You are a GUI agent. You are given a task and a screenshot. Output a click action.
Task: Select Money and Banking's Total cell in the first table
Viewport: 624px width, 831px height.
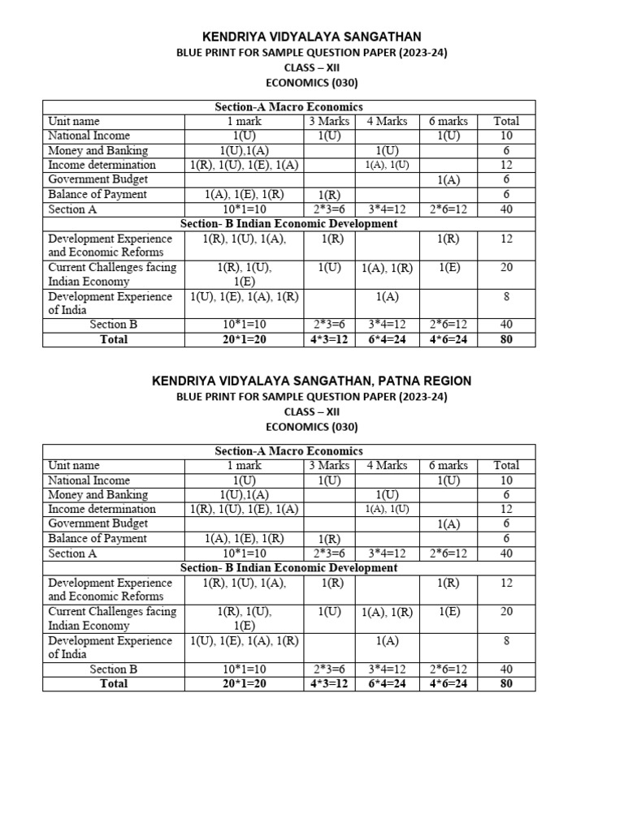[x=506, y=150]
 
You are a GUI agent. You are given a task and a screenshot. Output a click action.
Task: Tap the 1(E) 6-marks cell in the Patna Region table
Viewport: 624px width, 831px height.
[x=448, y=611]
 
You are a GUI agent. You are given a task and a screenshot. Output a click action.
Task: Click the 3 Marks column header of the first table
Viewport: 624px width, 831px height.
[x=329, y=121]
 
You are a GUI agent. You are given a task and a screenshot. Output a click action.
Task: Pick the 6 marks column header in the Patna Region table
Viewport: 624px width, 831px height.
[x=448, y=465]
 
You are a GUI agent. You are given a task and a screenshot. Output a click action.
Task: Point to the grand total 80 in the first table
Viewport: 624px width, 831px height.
[x=506, y=339]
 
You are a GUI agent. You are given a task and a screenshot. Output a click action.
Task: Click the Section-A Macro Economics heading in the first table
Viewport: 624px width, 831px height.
[x=288, y=106]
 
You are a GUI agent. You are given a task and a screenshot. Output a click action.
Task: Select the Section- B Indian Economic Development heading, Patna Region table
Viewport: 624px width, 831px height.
[x=288, y=567]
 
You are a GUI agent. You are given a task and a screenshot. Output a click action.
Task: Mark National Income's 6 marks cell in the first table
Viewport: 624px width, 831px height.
[x=448, y=136]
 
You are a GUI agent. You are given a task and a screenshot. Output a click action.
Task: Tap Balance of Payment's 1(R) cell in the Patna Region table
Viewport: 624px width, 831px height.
[x=329, y=538]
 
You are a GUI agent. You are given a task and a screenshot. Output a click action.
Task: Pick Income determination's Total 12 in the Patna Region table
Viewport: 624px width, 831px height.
[x=506, y=509]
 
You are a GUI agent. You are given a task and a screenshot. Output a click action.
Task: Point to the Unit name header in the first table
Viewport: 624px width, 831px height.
[x=74, y=121]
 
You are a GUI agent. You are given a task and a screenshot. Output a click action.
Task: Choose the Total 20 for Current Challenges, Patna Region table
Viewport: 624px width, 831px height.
[x=506, y=611]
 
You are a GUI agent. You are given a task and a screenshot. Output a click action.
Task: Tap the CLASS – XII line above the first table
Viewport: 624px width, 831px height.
[x=312, y=67]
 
